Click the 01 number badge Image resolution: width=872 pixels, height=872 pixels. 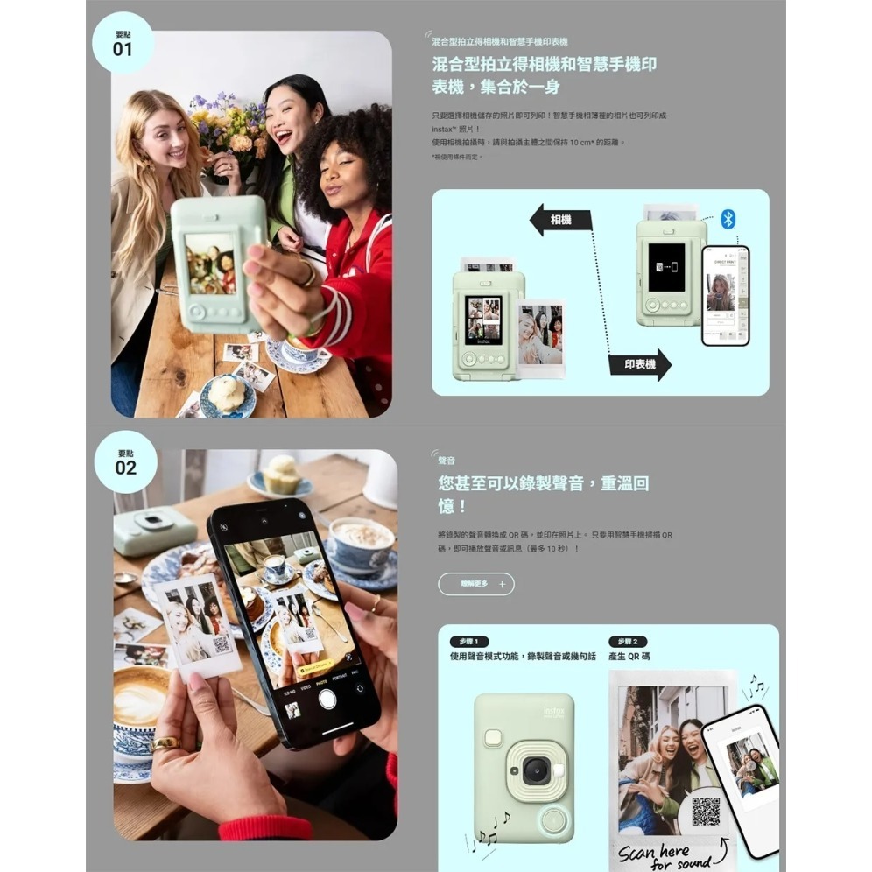point(123,43)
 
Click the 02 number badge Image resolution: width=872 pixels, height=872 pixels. point(125,461)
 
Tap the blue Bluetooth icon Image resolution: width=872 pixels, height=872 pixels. point(728,219)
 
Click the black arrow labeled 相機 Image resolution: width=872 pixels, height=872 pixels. point(561,220)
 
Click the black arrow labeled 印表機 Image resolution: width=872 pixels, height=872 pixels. point(640,363)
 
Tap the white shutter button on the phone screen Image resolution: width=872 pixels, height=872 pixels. point(327,698)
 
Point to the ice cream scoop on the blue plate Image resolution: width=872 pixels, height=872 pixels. point(227,395)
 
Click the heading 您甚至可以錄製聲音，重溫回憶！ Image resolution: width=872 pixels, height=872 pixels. point(543,494)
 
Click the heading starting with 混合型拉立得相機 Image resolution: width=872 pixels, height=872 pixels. point(544,75)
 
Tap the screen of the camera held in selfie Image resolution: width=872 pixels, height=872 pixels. point(211,264)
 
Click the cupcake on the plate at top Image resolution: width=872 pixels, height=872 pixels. point(281,474)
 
